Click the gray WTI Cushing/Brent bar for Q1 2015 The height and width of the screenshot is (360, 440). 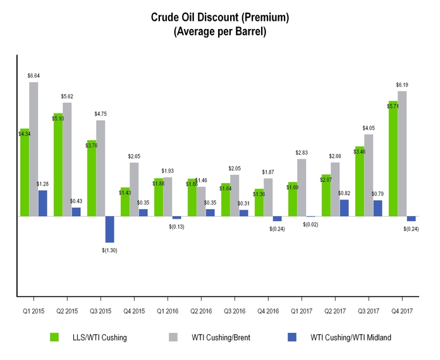pyautogui.click(x=34, y=149)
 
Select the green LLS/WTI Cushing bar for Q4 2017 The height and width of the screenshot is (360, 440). pyautogui.click(x=393, y=159)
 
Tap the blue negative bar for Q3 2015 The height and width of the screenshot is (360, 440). pyautogui.click(x=109, y=229)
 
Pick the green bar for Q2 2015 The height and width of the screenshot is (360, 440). pyautogui.click(x=58, y=164)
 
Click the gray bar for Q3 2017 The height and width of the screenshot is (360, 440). pyautogui.click(x=369, y=175)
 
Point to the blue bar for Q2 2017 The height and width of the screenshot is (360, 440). pyautogui.click(x=344, y=208)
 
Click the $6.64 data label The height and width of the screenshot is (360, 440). pyautogui.click(x=34, y=76)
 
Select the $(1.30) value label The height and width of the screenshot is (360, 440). pyautogui.click(x=109, y=250)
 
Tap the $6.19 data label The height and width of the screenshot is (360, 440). pyautogui.click(x=403, y=85)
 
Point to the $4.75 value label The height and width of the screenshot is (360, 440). pyautogui.click(x=101, y=114)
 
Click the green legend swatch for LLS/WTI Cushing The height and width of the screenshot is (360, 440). pyautogui.click(x=54, y=337)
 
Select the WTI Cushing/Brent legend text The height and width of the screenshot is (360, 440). pyautogui.click(x=221, y=338)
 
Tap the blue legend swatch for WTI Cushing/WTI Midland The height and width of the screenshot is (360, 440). pyautogui.click(x=292, y=337)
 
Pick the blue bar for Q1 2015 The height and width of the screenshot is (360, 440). pyautogui.click(x=43, y=203)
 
